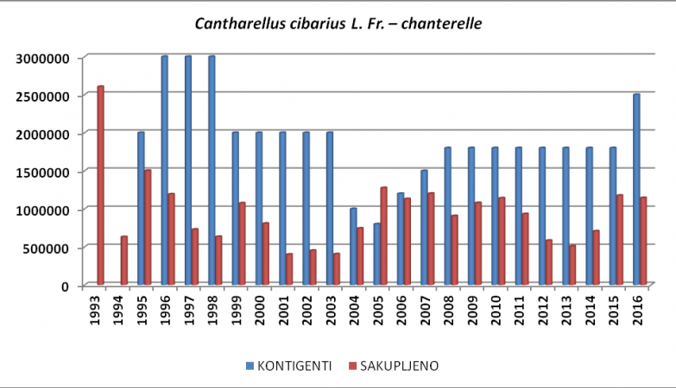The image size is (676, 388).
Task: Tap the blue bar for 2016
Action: tap(636, 190)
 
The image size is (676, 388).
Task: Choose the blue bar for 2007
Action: tap(424, 228)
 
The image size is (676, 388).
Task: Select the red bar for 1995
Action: tap(148, 228)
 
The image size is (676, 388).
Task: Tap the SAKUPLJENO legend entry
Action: tap(399, 366)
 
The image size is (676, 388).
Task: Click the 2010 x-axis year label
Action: tap(495, 308)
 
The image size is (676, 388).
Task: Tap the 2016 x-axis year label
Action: tap(636, 308)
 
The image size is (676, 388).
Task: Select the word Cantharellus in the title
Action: tap(236, 23)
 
